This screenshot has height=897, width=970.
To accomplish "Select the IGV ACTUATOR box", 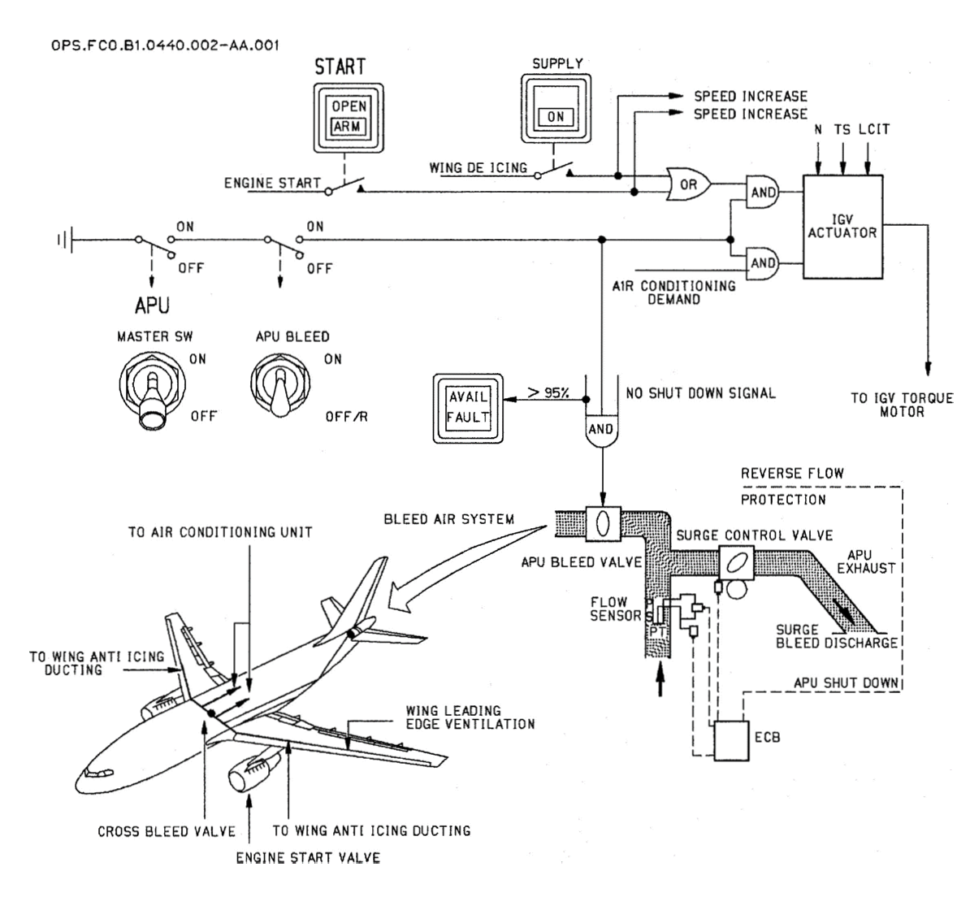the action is [842, 227].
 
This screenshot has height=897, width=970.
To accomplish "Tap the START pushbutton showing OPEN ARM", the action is [349, 118].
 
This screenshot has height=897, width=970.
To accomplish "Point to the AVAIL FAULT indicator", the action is [468, 408].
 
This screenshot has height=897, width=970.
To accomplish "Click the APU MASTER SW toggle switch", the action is [152, 390].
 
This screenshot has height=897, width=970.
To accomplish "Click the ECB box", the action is [732, 740].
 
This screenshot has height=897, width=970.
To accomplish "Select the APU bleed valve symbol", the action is [603, 524].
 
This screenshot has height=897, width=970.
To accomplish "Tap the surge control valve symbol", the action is [736, 563].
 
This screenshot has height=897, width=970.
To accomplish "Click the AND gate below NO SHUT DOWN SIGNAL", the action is [601, 429].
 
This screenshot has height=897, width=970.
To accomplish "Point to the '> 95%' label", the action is [548, 392].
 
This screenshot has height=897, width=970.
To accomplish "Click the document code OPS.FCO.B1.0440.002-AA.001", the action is [165, 45].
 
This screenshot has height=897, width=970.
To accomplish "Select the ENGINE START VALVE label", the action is [308, 858].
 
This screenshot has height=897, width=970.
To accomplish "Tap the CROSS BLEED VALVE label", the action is [167, 831].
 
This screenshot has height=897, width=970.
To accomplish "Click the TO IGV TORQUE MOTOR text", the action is [902, 405].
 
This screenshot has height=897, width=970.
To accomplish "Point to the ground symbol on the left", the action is [65, 240].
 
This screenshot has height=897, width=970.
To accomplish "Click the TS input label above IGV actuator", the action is [842, 129].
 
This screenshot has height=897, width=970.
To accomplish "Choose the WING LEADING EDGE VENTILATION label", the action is [470, 717].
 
